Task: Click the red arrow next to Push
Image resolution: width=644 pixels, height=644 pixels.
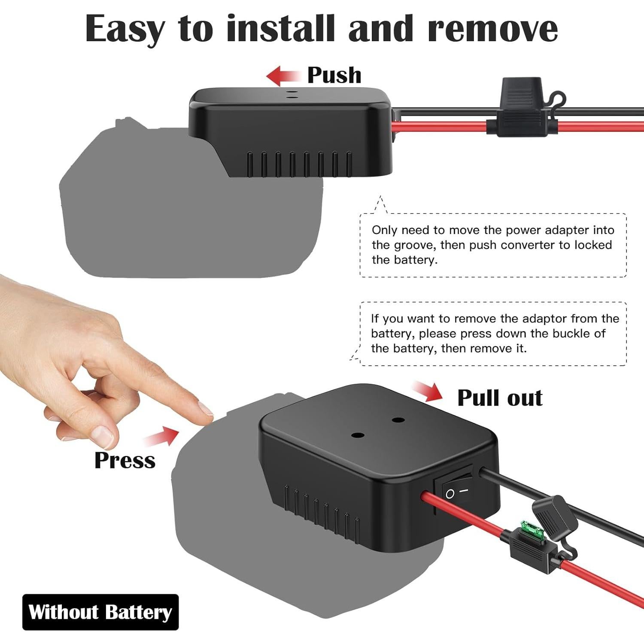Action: (283, 76)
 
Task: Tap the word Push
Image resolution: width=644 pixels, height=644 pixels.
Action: (334, 76)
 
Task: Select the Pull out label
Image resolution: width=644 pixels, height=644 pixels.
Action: (500, 398)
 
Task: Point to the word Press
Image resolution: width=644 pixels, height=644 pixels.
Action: (125, 460)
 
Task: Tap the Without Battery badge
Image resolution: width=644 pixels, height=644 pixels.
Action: (100, 612)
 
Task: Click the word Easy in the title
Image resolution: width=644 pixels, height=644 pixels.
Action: (125, 29)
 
